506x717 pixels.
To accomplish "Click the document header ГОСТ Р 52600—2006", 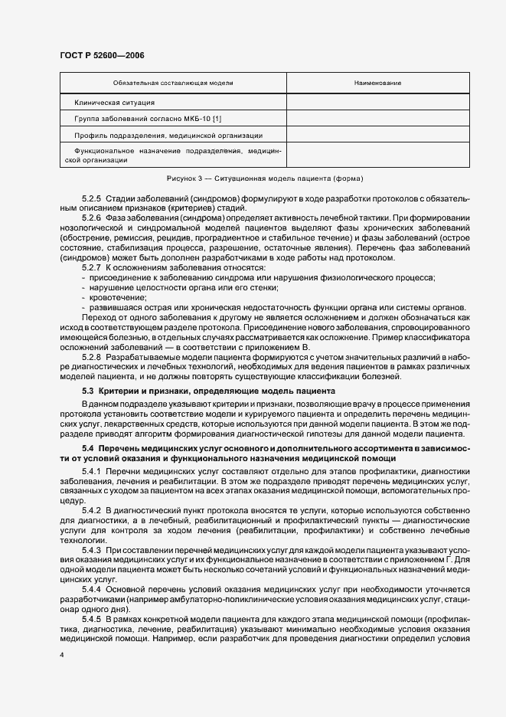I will (x=101, y=55).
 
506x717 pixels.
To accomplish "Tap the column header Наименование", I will (x=377, y=83).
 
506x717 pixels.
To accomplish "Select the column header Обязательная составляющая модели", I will (x=173, y=83).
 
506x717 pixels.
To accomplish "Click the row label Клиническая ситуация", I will (x=115, y=102).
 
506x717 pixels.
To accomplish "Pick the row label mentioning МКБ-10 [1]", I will (x=148, y=118).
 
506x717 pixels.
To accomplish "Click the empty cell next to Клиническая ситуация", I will (x=377, y=102).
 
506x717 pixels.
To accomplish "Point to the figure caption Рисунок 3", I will (x=253, y=178).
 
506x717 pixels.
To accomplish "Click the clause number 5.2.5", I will (x=92, y=198).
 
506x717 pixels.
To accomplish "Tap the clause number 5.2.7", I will (x=92, y=267).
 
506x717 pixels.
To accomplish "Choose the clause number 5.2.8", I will (x=92, y=356).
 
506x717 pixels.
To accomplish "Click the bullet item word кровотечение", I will (x=114, y=296).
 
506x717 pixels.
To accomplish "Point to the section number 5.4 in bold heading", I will (x=87, y=447).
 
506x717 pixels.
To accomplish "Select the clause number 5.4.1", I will (x=92, y=469).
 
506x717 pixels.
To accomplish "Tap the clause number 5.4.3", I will (x=92, y=550).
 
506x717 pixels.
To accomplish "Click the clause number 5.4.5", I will (x=92, y=617).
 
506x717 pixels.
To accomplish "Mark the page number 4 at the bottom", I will (x=62, y=656).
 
